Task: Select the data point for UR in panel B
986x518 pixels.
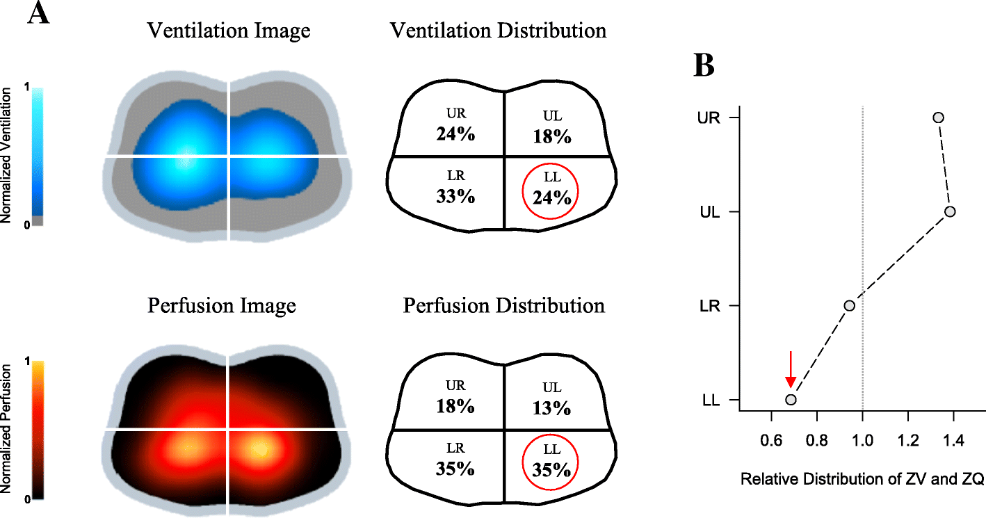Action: [938, 118]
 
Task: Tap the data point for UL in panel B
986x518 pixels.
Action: [950, 211]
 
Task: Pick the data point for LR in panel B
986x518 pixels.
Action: [849, 305]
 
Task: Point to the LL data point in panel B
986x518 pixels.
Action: [791, 399]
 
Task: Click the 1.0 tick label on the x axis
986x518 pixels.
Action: [862, 439]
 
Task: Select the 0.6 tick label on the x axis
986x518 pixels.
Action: [771, 439]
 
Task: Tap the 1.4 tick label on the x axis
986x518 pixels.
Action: [953, 439]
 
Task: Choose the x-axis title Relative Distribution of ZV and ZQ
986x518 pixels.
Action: [862, 480]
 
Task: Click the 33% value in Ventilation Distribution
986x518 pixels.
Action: [455, 197]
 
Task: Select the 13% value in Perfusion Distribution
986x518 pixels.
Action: [553, 407]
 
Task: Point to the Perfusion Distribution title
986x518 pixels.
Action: [504, 306]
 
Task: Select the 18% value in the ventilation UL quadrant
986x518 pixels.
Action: [553, 136]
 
